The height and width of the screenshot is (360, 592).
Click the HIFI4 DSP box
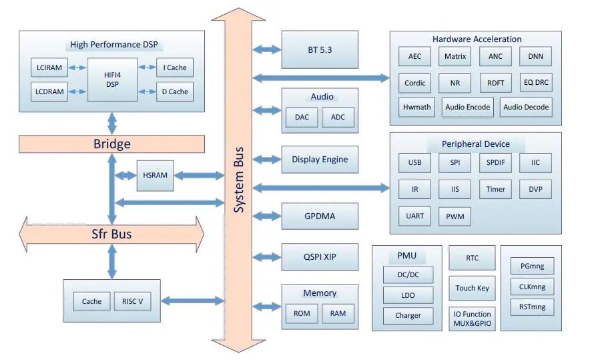[x=111, y=79]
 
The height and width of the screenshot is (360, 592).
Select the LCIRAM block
[x=49, y=67]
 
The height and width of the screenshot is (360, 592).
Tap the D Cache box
[x=174, y=92]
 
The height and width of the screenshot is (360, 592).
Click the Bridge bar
[x=111, y=144]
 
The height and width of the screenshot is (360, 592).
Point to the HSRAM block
[x=154, y=175]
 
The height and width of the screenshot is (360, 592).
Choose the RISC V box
[x=132, y=301]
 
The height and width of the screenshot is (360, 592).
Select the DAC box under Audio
[x=302, y=118]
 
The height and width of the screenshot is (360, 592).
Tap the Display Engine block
[x=320, y=160]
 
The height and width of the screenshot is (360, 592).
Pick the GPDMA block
[x=320, y=216]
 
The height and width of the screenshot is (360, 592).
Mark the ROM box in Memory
[x=302, y=313]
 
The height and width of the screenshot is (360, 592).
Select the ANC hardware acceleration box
[x=495, y=57]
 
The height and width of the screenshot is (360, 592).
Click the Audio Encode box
[x=468, y=107]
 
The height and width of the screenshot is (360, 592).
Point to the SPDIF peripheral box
[x=495, y=162]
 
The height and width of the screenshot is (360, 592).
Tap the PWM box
[x=455, y=216]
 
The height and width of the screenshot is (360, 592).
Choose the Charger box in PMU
[x=408, y=315]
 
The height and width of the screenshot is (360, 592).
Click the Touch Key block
[x=472, y=288]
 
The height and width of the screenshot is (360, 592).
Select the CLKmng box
[x=532, y=287]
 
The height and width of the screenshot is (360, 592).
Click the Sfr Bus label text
[x=111, y=234]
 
